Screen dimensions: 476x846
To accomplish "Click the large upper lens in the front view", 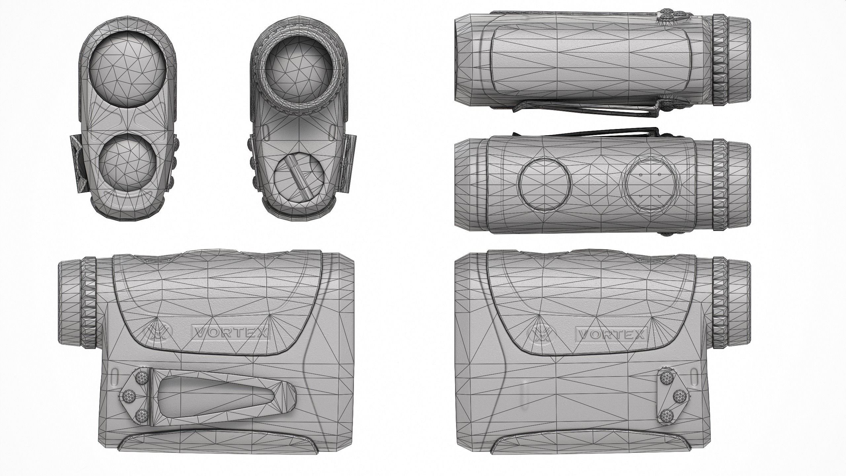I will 127,73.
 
